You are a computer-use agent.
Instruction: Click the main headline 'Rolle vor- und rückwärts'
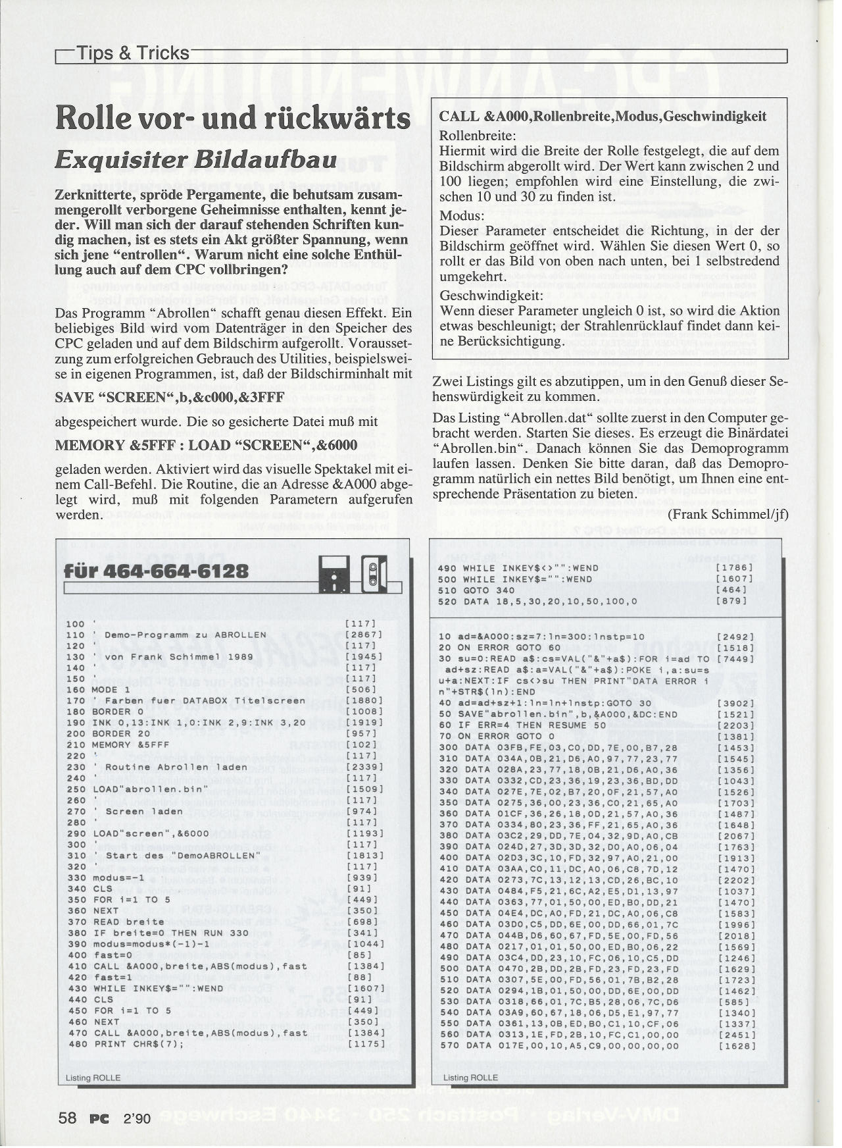click(x=233, y=118)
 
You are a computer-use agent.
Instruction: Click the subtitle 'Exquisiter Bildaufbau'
click(x=195, y=160)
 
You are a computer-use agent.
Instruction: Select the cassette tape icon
click(x=374, y=574)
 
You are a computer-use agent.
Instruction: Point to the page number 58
click(x=68, y=1117)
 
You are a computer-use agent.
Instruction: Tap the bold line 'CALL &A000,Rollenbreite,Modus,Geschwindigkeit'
click(x=603, y=117)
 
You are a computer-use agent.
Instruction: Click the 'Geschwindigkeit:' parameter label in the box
click(x=491, y=296)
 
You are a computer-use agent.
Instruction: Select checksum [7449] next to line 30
click(x=736, y=659)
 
